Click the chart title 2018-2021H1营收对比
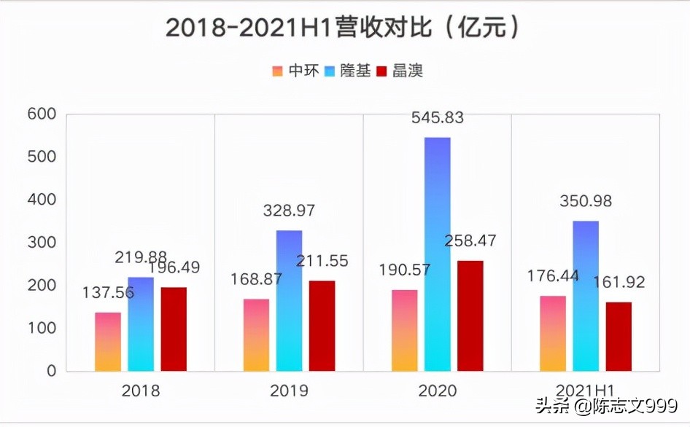click(x=344, y=27)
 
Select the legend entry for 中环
click(x=295, y=71)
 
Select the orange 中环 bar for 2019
click(x=256, y=334)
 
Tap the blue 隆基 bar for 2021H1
click(x=585, y=295)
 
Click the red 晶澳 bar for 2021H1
click(x=619, y=336)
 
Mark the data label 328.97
click(x=290, y=211)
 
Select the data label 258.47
click(x=470, y=241)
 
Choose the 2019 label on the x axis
click(x=289, y=391)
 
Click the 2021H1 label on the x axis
click(x=585, y=391)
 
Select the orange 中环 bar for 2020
click(x=404, y=330)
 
